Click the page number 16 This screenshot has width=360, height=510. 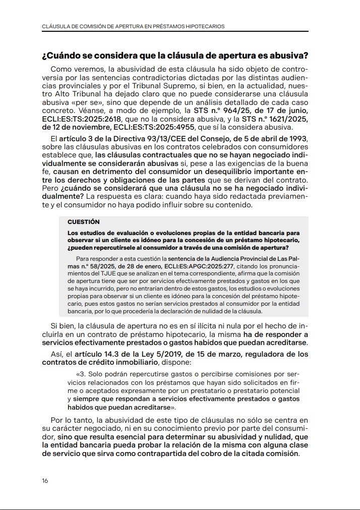pyautogui.click(x=45, y=481)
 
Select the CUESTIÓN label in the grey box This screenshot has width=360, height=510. pyautogui.click(x=84, y=221)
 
